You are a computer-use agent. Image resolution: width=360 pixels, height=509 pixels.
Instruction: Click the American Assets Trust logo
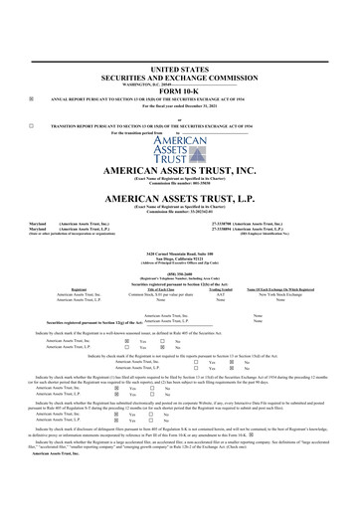coord(180,154)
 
